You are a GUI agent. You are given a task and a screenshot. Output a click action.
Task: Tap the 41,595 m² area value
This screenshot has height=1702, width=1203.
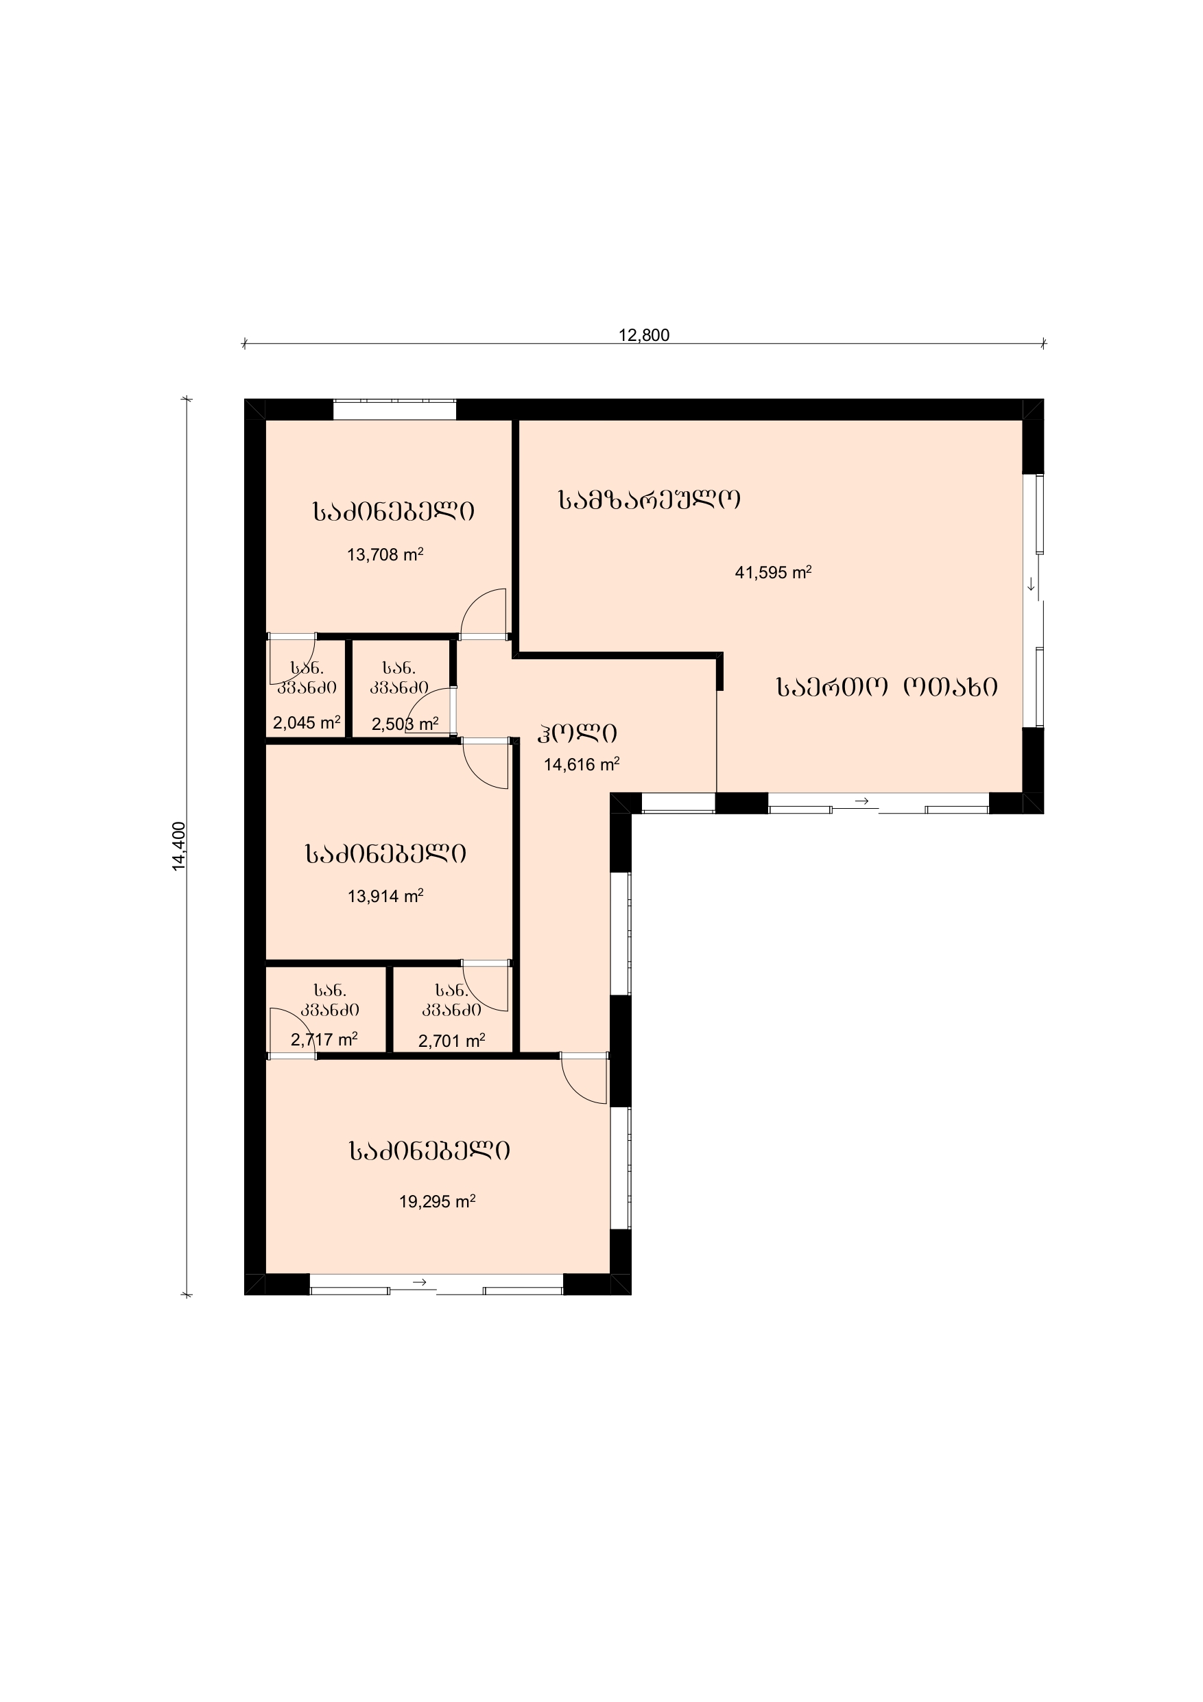[773, 572]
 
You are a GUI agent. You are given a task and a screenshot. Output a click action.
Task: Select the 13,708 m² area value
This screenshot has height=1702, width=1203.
[385, 554]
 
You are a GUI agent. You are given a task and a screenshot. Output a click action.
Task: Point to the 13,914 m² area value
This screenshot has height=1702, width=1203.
[385, 896]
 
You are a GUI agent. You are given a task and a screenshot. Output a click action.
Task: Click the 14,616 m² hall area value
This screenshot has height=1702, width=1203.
[581, 764]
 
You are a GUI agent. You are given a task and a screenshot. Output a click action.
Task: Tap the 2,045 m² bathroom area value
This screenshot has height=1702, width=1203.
[306, 723]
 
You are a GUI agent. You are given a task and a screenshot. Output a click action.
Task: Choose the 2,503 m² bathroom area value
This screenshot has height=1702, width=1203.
[405, 724]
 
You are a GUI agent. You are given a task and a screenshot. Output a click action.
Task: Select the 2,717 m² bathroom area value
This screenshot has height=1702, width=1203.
[324, 1040]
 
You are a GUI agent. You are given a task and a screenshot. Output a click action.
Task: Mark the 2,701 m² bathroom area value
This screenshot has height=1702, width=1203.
[451, 1041]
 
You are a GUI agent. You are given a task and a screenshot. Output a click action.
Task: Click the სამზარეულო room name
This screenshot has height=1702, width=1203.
[650, 500]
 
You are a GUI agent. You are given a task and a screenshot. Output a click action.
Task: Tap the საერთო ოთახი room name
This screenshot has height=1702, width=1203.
[887, 687]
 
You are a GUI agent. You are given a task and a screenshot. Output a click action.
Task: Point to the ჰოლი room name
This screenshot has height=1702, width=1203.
[577, 733]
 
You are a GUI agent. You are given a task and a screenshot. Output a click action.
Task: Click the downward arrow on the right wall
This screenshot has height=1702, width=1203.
[1031, 585]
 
